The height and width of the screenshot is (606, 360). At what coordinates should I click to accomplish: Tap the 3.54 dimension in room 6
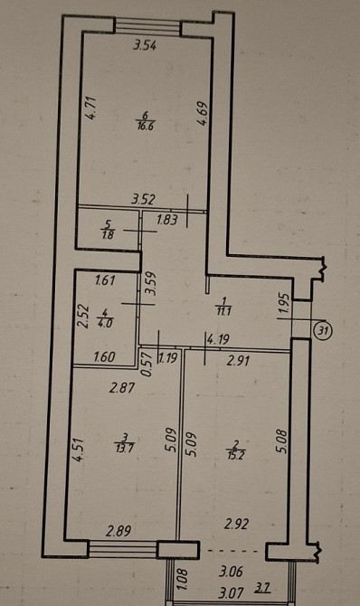pyautogui.click(x=145, y=46)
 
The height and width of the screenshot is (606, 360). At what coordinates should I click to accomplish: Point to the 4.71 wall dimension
pyautogui.click(x=90, y=109)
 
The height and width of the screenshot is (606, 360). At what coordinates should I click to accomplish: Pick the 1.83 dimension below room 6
pyautogui.click(x=167, y=220)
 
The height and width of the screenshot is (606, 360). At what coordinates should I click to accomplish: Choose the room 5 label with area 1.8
pyautogui.click(x=108, y=229)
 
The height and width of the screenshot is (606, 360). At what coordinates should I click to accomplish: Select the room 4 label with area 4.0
pyautogui.click(x=105, y=317)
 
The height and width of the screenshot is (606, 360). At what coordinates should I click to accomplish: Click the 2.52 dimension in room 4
pyautogui.click(x=83, y=317)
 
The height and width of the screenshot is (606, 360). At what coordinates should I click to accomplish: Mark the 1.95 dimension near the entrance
pyautogui.click(x=284, y=305)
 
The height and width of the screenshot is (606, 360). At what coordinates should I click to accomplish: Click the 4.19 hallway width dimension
pyautogui.click(x=219, y=340)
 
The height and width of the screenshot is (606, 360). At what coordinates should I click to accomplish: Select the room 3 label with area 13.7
pyautogui.click(x=125, y=443)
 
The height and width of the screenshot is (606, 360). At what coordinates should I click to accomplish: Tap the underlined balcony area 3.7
pyautogui.click(x=262, y=589)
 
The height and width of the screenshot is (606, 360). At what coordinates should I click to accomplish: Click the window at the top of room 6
pyautogui.click(x=148, y=27)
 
